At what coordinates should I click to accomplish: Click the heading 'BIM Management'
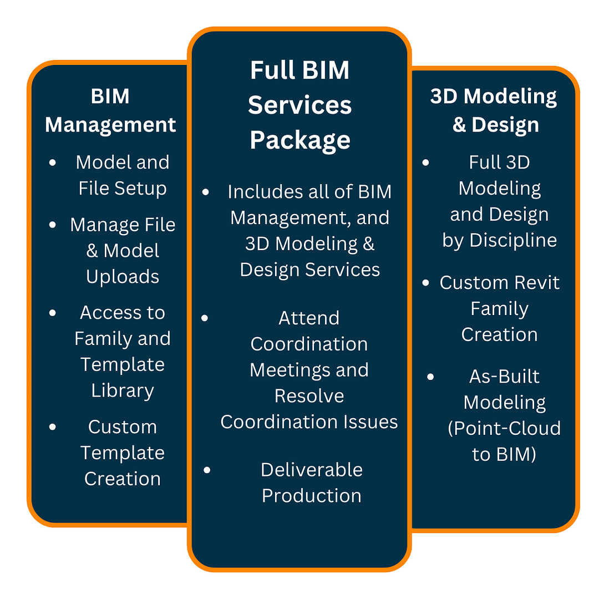tap(110, 110)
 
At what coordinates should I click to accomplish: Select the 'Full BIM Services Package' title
tap(299, 105)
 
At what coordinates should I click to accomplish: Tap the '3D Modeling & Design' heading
tap(494, 110)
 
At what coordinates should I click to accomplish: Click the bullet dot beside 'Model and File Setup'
tap(53, 163)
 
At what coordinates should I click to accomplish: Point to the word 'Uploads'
tap(123, 276)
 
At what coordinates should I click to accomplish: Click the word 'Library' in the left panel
tap(123, 390)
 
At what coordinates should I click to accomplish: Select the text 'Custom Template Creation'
tap(123, 453)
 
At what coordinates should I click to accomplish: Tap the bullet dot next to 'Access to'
tap(53, 313)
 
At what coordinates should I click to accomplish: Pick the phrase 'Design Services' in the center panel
tap(310, 270)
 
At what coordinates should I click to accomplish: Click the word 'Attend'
tap(309, 318)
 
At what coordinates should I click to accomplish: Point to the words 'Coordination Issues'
tap(309, 422)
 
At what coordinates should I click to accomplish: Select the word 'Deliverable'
tap(312, 470)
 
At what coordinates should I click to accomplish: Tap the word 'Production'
tap(312, 495)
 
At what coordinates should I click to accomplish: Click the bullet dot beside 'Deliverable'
tap(207, 470)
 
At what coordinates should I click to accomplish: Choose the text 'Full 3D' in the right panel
tap(499, 163)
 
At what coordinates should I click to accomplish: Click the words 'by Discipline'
tap(499, 240)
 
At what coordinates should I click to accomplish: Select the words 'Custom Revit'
tap(499, 283)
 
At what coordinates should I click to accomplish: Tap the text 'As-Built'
tap(504, 377)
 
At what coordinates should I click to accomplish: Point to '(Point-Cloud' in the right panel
tap(504, 429)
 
